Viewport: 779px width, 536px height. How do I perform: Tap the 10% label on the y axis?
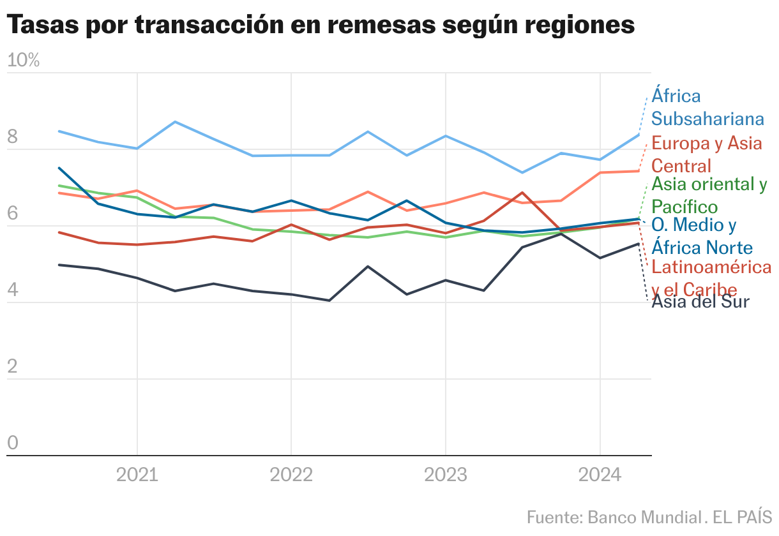[x=24, y=61]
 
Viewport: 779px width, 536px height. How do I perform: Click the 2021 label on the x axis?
[x=137, y=475]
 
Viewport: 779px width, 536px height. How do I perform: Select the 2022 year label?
[x=291, y=475]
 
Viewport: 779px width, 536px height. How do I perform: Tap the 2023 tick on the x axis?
[x=445, y=475]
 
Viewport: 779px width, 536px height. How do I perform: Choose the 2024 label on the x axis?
[x=600, y=475]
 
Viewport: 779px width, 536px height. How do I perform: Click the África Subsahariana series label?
[x=707, y=107]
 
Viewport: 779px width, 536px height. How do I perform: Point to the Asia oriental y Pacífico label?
[x=709, y=195]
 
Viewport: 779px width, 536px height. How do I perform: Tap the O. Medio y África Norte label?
[x=701, y=236]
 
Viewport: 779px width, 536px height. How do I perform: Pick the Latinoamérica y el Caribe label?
[x=711, y=278]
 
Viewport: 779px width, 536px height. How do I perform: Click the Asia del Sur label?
[x=700, y=301]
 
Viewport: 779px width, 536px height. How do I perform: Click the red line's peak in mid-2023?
[x=522, y=192]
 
